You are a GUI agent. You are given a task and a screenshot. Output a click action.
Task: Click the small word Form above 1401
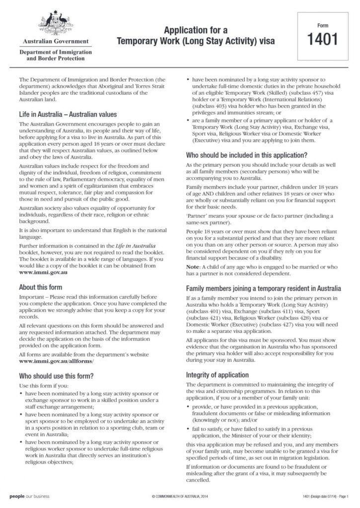pyautogui.click(x=323, y=24)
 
